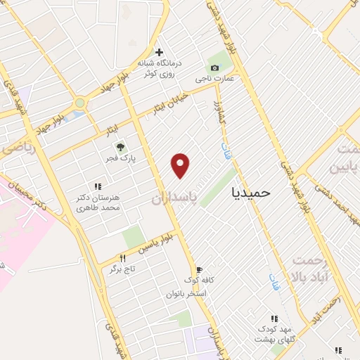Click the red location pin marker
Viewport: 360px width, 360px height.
[181, 165]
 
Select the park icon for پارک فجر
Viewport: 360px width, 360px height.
[120, 148]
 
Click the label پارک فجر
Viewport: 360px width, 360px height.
[120, 160]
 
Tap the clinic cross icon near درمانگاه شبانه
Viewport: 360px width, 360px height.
[160, 52]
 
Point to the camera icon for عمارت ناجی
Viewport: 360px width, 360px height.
[214, 67]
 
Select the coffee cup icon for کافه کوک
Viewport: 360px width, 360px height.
[199, 269]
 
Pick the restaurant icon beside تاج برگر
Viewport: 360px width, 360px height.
[122, 258]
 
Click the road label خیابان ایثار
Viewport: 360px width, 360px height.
[171, 101]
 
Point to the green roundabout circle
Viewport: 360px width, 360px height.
[79, 103]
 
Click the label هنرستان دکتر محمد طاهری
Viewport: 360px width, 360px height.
[98, 202]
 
